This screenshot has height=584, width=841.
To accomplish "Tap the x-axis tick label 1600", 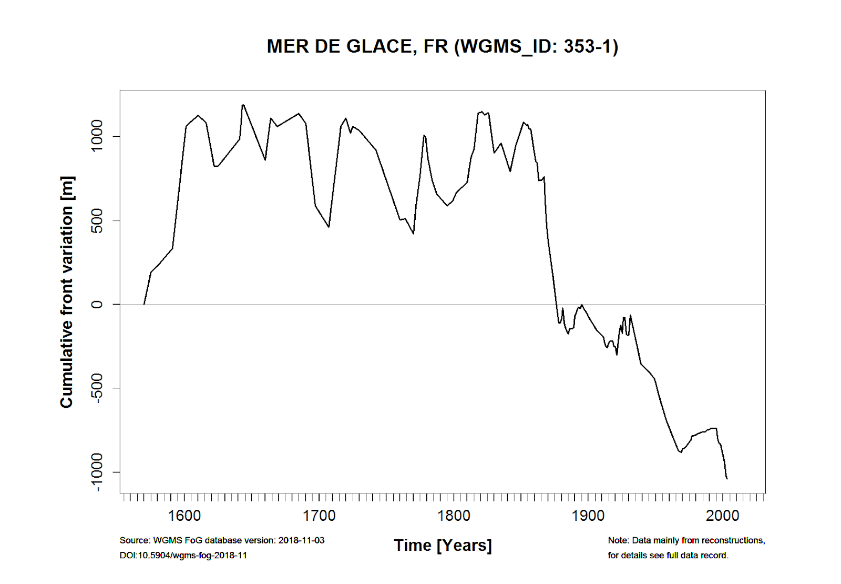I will [184, 516].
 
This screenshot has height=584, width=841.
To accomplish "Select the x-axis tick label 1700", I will [319, 516].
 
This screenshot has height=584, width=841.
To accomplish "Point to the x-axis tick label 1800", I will [454, 516].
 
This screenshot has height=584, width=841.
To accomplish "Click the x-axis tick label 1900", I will [588, 516].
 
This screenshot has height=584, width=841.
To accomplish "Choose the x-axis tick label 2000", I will [723, 516].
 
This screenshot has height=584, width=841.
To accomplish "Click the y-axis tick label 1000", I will [97, 136].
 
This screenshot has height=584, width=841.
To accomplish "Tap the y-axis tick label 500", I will [97, 220].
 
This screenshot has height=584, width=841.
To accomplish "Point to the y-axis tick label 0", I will [97, 304].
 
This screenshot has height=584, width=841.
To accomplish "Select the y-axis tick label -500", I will [97, 388].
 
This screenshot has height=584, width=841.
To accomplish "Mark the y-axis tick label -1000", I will [97, 472].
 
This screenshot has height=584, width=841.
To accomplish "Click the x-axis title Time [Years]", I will [443, 546].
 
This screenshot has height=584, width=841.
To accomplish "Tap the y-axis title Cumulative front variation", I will [67, 292].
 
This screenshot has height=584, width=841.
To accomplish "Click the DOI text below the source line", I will [183, 556].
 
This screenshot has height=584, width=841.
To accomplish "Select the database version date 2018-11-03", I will [301, 540].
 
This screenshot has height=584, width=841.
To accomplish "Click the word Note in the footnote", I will [618, 540].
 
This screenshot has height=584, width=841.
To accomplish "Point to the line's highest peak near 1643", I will [243, 105].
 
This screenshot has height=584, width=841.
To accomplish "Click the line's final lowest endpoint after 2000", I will [727, 479].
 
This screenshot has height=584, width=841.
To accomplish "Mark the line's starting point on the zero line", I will [144, 304].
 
